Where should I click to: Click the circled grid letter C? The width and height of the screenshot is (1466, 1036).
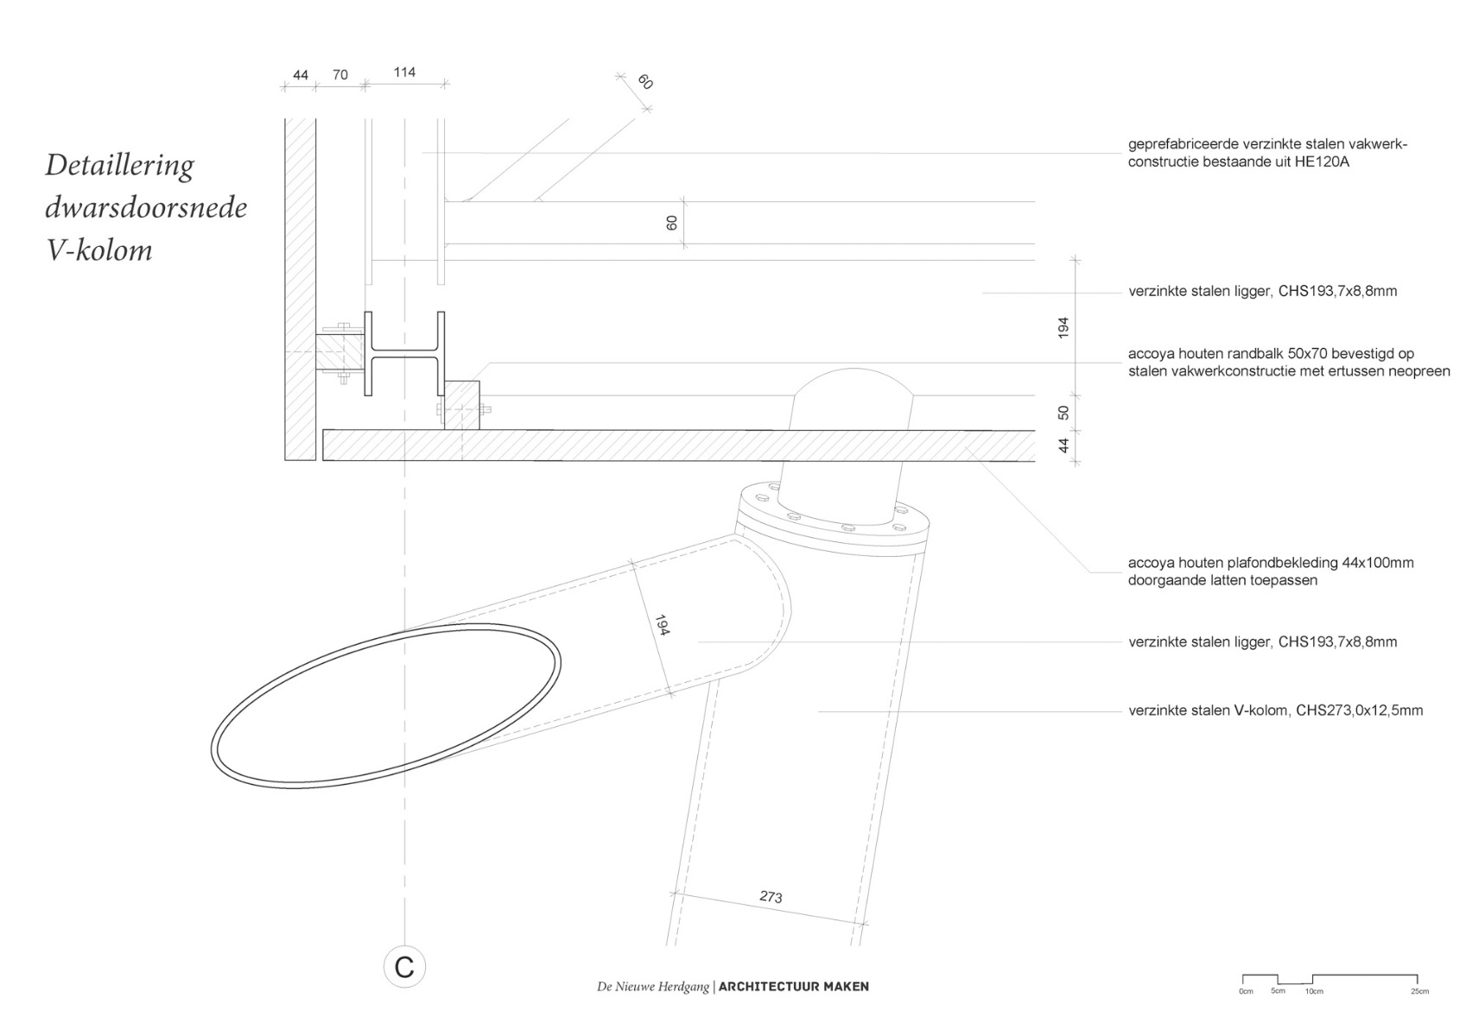403,967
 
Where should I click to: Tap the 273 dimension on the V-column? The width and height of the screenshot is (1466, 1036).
771,897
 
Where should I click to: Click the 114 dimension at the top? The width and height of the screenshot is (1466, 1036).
404,73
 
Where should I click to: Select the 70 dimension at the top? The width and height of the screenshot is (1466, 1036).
340,75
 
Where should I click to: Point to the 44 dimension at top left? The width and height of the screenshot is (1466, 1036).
300,75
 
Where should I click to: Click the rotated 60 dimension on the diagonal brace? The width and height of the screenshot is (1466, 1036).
644,83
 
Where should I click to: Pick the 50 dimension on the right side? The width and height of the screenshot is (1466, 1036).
1063,413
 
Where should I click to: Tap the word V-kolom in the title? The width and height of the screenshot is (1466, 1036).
99,250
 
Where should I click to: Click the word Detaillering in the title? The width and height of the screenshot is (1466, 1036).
119,165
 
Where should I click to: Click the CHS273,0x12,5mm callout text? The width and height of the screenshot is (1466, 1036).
1359,711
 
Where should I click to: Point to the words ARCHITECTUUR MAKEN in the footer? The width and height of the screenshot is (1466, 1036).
793,986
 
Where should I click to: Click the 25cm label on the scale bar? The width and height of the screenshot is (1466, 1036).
1419,991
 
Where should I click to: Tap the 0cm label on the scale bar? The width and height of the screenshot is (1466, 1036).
1246,991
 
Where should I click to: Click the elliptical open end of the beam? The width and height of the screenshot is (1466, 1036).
385,708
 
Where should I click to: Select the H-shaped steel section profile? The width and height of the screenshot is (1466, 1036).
404,353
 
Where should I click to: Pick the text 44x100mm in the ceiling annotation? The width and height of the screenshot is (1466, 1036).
1377,563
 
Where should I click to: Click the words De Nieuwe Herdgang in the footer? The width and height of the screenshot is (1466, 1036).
652,986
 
